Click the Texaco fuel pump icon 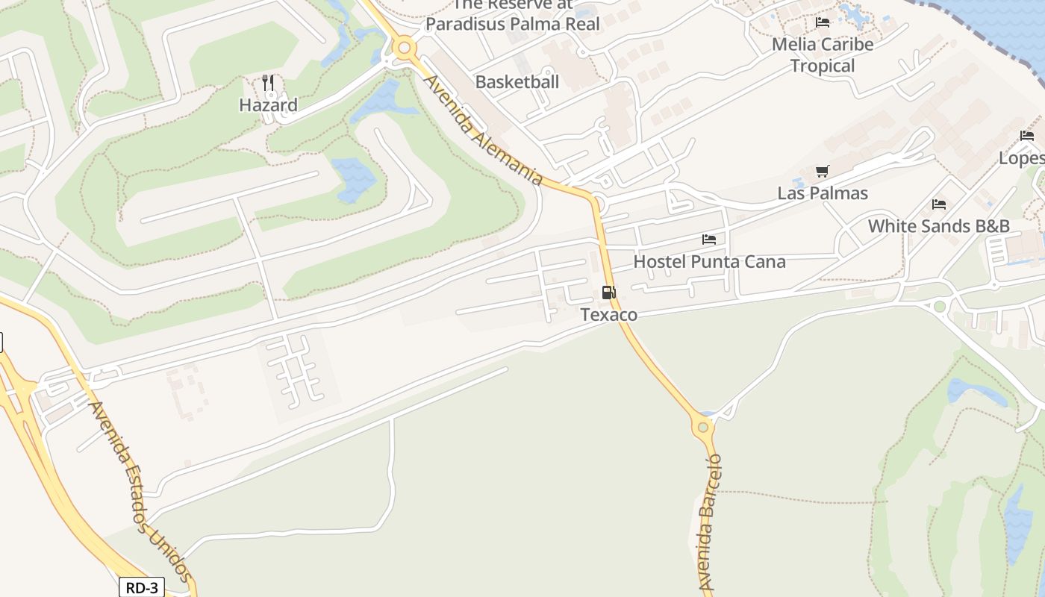(609, 293)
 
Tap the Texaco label (609, 315)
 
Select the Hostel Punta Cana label (709, 262)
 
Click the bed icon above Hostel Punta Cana (709, 240)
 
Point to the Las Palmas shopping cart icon (823, 172)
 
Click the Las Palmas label (823, 193)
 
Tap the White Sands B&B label (938, 225)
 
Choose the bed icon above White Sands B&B (939, 204)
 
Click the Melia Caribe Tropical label (823, 55)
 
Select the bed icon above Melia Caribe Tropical (823, 22)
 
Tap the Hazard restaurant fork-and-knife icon (268, 82)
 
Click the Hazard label (268, 105)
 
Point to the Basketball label (517, 82)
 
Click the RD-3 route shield (141, 587)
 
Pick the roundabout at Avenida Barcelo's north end (702, 427)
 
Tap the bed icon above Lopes (1027, 136)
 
